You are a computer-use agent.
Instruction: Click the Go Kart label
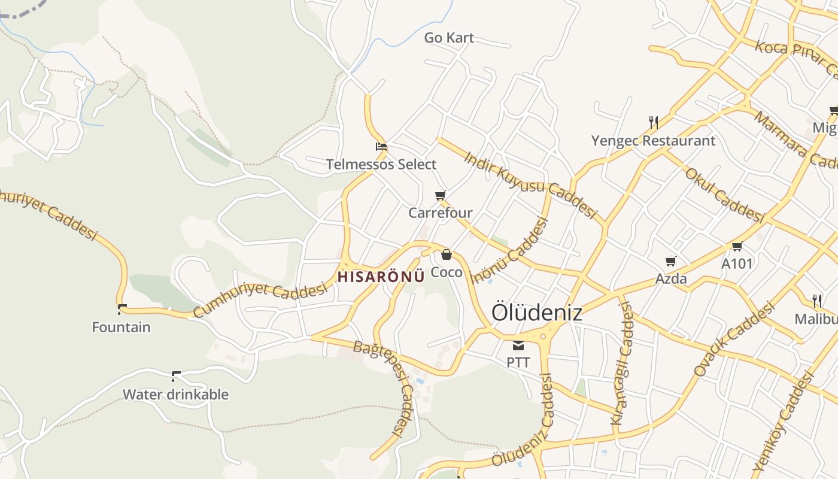point(449,38)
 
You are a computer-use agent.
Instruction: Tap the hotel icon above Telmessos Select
point(381,147)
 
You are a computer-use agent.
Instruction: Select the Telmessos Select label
point(381,164)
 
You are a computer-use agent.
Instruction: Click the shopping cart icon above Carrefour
point(441,195)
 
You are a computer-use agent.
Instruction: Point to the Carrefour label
point(441,213)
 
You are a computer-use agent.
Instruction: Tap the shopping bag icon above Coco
point(447,254)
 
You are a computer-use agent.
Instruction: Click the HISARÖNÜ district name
point(381,277)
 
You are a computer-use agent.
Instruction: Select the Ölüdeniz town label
point(536,312)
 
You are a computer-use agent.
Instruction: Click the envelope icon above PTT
point(518,345)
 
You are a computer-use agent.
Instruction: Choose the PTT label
point(518,362)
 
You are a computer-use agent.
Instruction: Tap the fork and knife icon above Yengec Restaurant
point(654,123)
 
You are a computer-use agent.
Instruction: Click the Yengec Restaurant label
point(653,141)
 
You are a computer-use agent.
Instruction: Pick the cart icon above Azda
point(671,261)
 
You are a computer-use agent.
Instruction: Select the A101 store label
point(737,263)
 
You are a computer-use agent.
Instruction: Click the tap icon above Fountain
point(122,309)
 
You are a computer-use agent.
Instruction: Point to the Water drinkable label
point(175,395)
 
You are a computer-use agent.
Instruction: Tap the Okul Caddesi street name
point(724,194)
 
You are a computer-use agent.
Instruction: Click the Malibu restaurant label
point(816,319)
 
